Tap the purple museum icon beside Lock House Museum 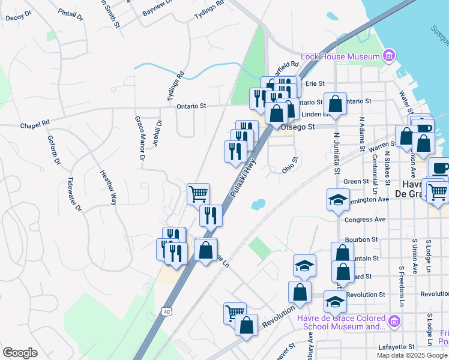click(x=390, y=56)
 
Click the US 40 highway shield click(x=166, y=311)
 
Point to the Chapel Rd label click(x=34, y=126)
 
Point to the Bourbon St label click(x=366, y=239)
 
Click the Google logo click(x=20, y=353)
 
